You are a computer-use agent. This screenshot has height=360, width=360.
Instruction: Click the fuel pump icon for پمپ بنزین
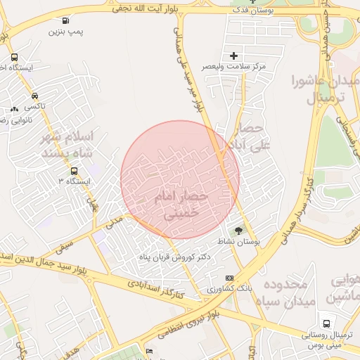66,21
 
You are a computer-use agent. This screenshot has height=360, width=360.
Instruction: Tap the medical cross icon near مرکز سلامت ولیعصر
234,55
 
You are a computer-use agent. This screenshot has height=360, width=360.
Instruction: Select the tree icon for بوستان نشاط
238,230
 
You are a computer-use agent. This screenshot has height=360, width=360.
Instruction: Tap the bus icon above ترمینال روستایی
324,323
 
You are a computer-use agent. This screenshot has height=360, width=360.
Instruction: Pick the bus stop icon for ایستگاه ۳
74,171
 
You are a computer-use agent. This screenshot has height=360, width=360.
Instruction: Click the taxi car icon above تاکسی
34,96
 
